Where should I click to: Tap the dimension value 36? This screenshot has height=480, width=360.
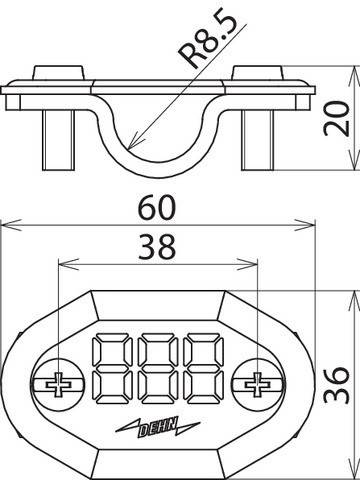(x=340, y=380)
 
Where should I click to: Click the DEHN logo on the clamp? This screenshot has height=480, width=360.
(x=158, y=427)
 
